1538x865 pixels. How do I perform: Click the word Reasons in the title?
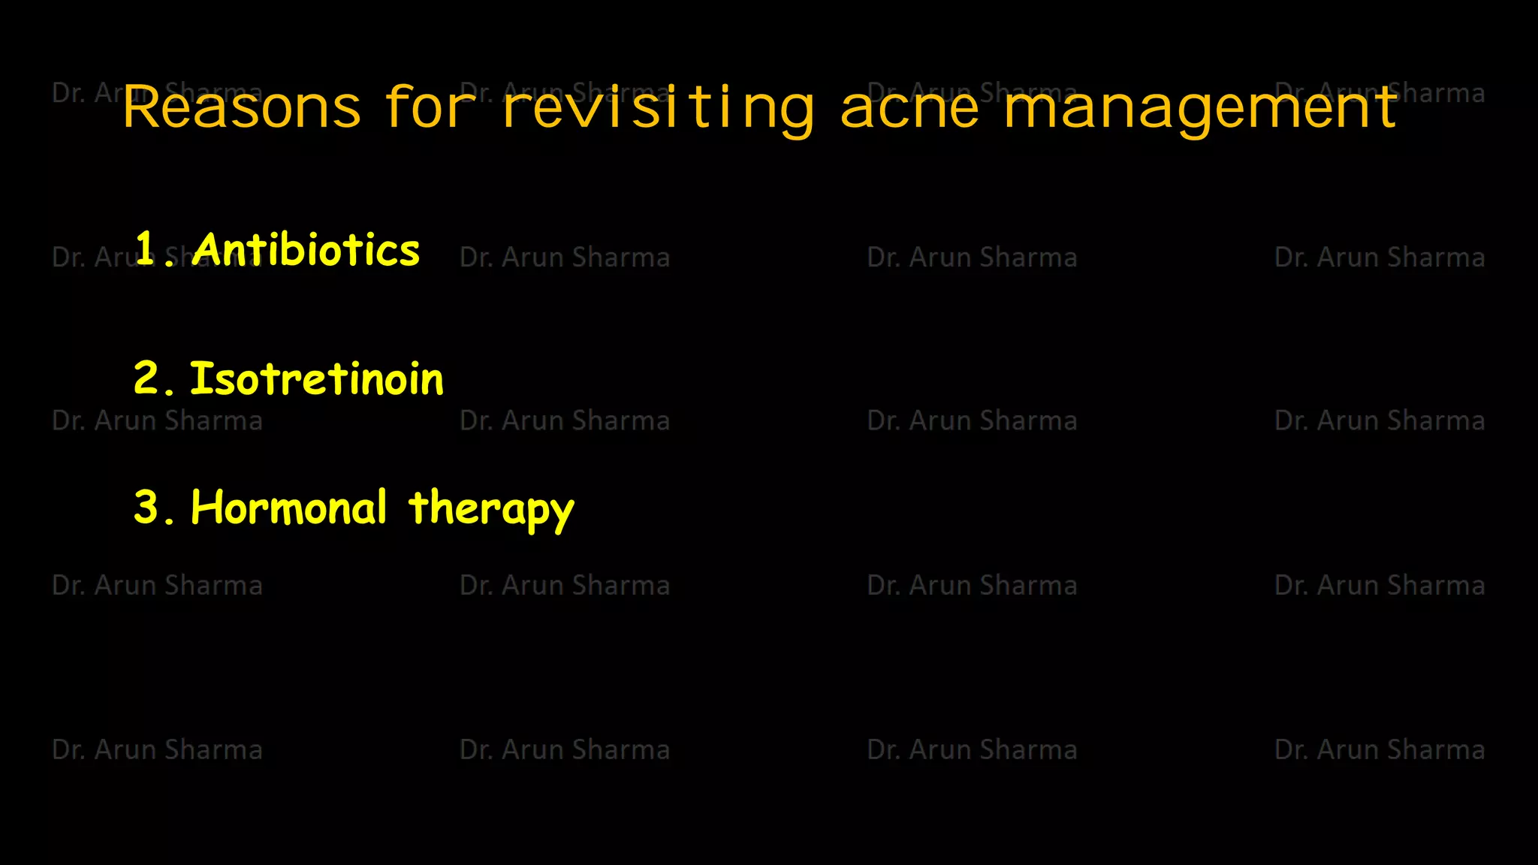click(x=242, y=107)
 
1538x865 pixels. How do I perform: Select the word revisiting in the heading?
click(x=659, y=107)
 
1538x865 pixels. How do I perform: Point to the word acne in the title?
click(x=909, y=107)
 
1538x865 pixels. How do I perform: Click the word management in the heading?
click(x=1200, y=107)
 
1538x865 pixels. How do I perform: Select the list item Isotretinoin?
click(x=316, y=378)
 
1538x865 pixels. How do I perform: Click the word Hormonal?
click(x=289, y=508)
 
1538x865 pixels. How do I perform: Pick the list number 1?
click(x=145, y=248)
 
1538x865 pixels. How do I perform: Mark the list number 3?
click(x=146, y=507)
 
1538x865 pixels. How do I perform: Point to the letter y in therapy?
click(x=559, y=514)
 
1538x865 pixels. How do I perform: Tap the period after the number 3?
click(x=169, y=520)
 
